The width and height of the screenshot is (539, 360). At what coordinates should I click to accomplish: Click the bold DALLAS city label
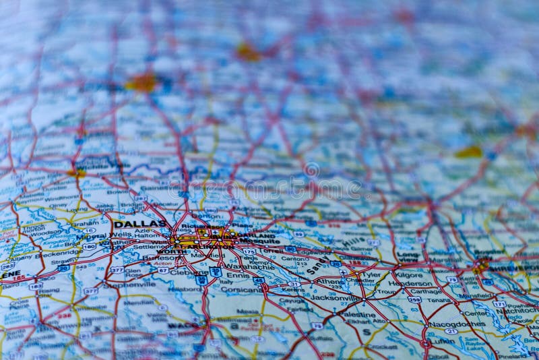coord(139,223)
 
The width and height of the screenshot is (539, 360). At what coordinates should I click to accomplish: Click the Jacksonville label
coord(336,297)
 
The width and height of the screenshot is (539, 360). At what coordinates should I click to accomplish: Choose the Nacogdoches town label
coord(457,324)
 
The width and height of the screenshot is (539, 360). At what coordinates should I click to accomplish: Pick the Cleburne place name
coord(184,272)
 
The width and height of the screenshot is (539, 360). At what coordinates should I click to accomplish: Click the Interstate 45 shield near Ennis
coord(258,280)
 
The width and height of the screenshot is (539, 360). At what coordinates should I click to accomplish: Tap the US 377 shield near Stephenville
coord(117,270)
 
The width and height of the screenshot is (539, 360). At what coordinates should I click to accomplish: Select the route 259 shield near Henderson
coord(414,299)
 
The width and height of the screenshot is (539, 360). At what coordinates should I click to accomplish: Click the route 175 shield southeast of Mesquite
coord(249,251)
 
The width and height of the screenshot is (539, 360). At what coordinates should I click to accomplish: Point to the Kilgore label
coord(409,274)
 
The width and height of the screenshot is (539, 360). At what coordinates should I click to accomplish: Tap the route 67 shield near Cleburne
coord(162,270)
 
